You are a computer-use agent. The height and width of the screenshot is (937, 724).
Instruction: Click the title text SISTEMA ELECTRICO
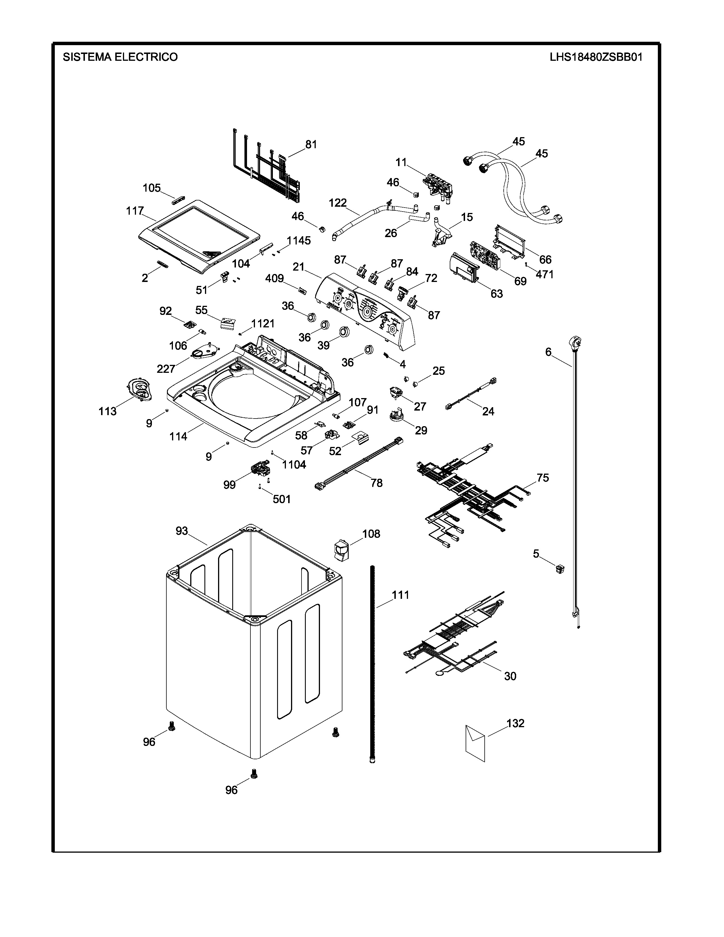pyautogui.click(x=120, y=57)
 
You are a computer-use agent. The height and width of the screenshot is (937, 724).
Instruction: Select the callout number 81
pyautogui.click(x=311, y=145)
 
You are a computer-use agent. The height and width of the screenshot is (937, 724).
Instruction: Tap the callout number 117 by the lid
pyautogui.click(x=135, y=211)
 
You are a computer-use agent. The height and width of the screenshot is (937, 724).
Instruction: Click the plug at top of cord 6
pyautogui.click(x=574, y=342)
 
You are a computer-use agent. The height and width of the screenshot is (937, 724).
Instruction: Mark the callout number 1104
pyautogui.click(x=294, y=464)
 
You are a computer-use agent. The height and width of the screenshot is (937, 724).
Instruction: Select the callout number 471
pyautogui.click(x=545, y=274)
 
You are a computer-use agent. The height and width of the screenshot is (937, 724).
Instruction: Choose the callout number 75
pyautogui.click(x=543, y=478)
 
